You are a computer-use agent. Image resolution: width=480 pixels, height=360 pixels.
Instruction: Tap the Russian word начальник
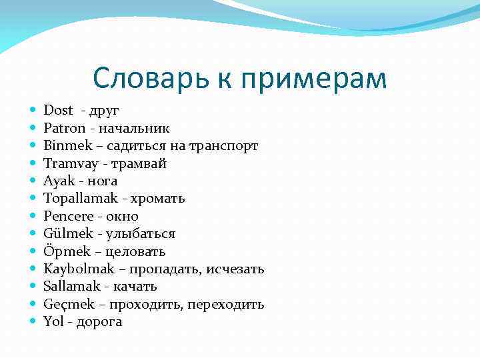coord(138,128)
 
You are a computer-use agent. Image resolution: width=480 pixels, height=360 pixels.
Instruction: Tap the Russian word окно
coord(122,216)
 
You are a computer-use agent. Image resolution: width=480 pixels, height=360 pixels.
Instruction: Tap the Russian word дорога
coord(101,322)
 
